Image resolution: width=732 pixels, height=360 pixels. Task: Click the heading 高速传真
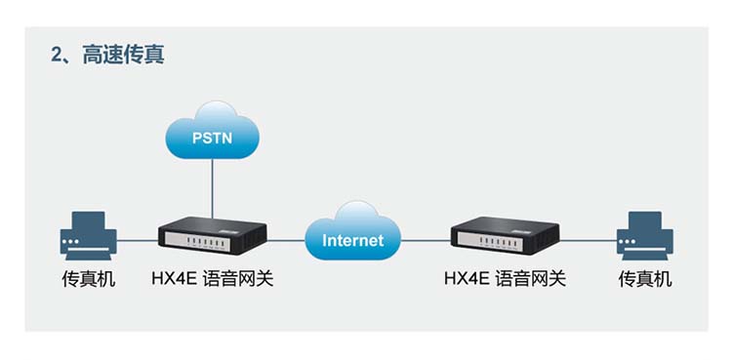point(123,55)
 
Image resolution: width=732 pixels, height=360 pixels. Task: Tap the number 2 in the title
point(57,56)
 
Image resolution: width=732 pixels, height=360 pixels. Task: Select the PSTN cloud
point(213,131)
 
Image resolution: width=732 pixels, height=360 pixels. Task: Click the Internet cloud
point(353,231)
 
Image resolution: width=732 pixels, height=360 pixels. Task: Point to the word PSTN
point(213,139)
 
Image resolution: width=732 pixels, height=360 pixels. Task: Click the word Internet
point(353,240)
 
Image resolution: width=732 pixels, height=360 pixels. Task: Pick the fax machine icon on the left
point(88,235)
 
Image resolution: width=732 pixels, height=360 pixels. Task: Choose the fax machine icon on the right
point(645,235)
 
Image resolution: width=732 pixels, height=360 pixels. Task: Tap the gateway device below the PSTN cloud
point(213,235)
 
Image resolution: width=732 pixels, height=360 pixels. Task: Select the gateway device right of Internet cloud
point(505,235)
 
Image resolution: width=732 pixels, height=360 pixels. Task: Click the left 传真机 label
point(89,279)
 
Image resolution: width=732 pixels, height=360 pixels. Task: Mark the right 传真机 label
point(645,279)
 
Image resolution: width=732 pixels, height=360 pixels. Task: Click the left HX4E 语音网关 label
point(213,279)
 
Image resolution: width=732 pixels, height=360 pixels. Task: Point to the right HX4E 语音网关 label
point(505,279)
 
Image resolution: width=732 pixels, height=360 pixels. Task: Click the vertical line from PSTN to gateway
point(212,188)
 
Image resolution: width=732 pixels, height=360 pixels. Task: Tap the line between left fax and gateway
point(138,240)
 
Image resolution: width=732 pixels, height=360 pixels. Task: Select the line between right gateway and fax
point(588,240)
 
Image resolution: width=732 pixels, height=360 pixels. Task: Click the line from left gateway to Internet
point(286,240)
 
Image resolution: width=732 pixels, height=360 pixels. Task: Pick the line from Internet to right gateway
point(426,240)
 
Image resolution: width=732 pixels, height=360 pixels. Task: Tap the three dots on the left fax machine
point(70,242)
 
